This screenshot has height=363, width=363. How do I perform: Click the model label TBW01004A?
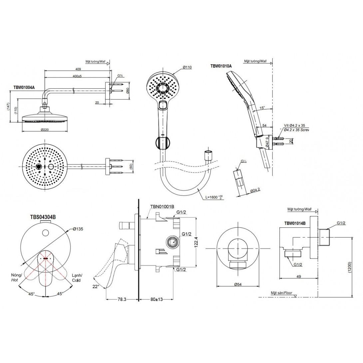pyautogui.click(x=24, y=88)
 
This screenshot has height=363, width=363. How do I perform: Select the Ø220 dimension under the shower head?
pyautogui.click(x=45, y=130)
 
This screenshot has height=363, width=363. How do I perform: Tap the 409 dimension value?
pyautogui.click(x=78, y=69)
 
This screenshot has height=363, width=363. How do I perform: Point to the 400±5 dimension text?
pyautogui.click(x=77, y=76)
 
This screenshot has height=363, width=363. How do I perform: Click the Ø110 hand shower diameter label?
pyautogui.click(x=187, y=67)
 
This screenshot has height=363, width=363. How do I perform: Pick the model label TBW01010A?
pyautogui.click(x=221, y=66)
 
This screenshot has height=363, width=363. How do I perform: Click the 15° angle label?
pyautogui.click(x=262, y=108)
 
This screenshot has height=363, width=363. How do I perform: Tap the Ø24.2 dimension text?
pyautogui.click(x=255, y=190)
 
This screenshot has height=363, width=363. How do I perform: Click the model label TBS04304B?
pyautogui.click(x=43, y=217)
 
